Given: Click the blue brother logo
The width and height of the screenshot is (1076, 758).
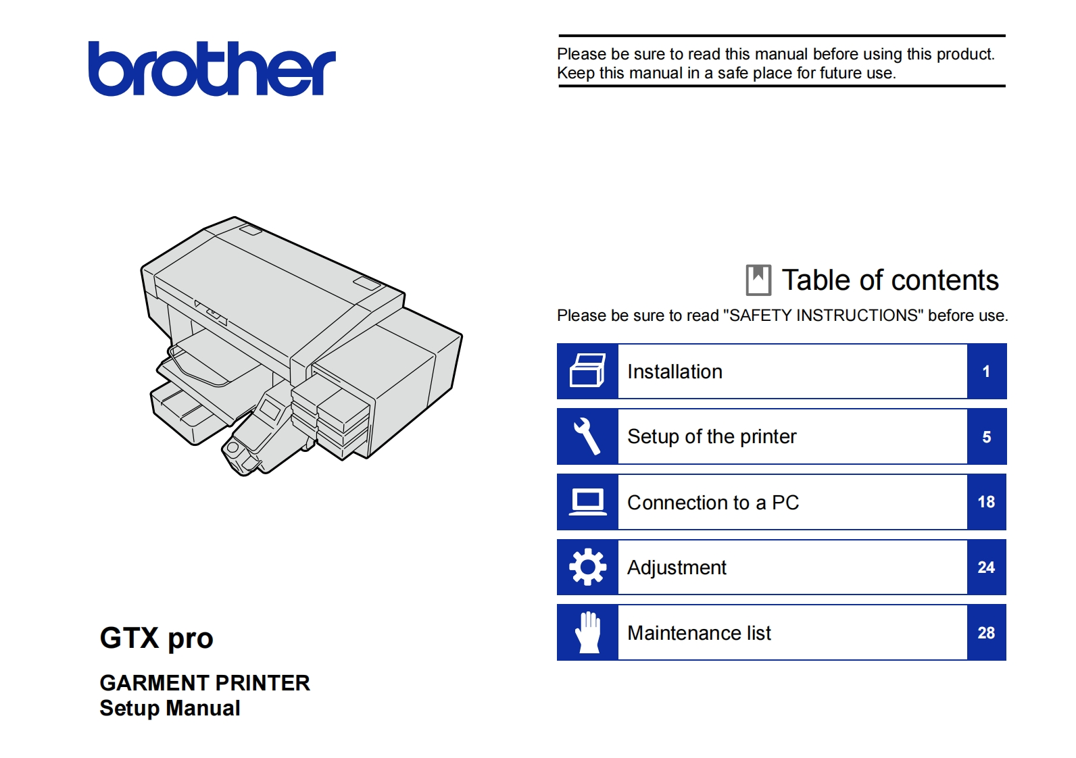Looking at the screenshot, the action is pos(212,69).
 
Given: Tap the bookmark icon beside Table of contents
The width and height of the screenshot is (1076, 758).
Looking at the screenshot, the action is pos(758,280).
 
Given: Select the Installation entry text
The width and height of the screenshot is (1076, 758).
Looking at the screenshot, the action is pos(675,372).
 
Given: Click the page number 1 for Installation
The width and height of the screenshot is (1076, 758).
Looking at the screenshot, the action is pos(986,372).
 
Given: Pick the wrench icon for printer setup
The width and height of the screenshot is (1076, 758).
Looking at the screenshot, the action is pos(587,436).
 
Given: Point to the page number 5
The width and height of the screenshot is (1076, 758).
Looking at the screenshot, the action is pos(987,437).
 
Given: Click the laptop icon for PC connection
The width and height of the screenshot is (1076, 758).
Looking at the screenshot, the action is pos(587,502).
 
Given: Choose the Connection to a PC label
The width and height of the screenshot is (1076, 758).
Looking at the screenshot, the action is pos(713,503).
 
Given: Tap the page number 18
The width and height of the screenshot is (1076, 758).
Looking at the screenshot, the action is pos(986,502).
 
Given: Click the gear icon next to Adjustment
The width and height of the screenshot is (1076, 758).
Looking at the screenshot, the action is pos(587,567).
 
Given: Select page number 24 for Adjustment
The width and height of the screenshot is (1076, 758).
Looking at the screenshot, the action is pos(986,567).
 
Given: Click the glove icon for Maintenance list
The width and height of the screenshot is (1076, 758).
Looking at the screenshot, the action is pos(587,632).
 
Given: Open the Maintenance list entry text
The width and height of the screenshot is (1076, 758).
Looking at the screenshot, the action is pos(699,633).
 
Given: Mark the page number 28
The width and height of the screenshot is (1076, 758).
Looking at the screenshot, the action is pos(986,633).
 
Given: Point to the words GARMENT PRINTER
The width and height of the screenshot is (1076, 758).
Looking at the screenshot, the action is pos(205,683).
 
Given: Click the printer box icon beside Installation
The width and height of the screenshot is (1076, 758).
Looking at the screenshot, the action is pos(587,370).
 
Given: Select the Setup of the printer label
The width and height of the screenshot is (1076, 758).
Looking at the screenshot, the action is pos(712,437).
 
